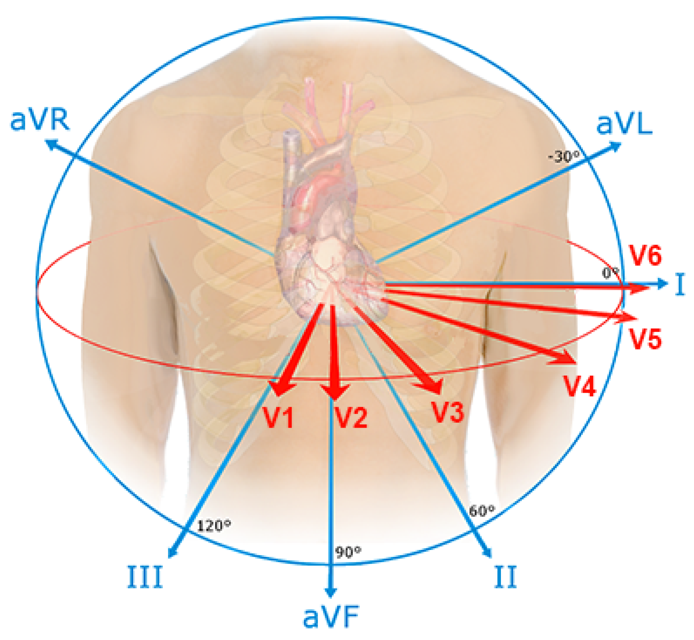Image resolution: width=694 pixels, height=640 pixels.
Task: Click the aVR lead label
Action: tap(40, 120)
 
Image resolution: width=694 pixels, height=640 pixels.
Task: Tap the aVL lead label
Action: tap(624, 124)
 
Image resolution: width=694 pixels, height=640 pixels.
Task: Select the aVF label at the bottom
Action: tap(331, 617)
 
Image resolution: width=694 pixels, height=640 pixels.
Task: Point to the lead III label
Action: tap(145, 576)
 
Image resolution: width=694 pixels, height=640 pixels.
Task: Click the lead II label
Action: tap(505, 576)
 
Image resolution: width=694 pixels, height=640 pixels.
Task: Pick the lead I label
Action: tap(680, 284)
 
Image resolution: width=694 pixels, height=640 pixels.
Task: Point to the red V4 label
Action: tap(579, 386)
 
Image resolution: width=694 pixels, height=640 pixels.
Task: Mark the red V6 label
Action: tap(645, 255)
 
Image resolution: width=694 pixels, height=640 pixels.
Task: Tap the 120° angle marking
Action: tap(214, 526)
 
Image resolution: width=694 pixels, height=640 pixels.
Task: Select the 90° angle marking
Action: tap(348, 552)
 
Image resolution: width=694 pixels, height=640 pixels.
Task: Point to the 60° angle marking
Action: tap(482, 511)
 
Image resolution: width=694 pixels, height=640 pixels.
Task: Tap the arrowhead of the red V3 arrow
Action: tap(435, 387)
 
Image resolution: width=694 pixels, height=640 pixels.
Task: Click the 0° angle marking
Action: tap(610, 273)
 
